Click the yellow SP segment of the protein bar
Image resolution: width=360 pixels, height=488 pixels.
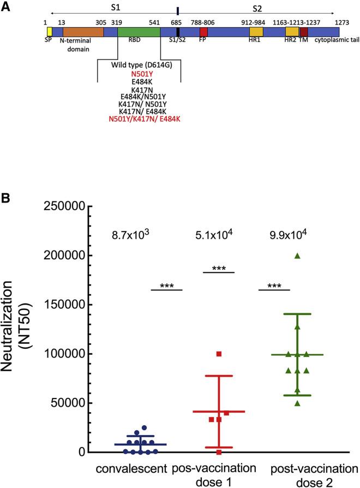tap(49, 32)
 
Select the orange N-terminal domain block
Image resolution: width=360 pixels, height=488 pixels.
tap(83, 32)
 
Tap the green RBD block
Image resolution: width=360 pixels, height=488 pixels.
tap(139, 32)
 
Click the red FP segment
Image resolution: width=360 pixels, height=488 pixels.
tap(203, 32)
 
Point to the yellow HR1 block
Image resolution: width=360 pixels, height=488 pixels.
tap(256, 32)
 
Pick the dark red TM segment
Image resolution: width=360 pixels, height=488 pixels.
tap(304, 32)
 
